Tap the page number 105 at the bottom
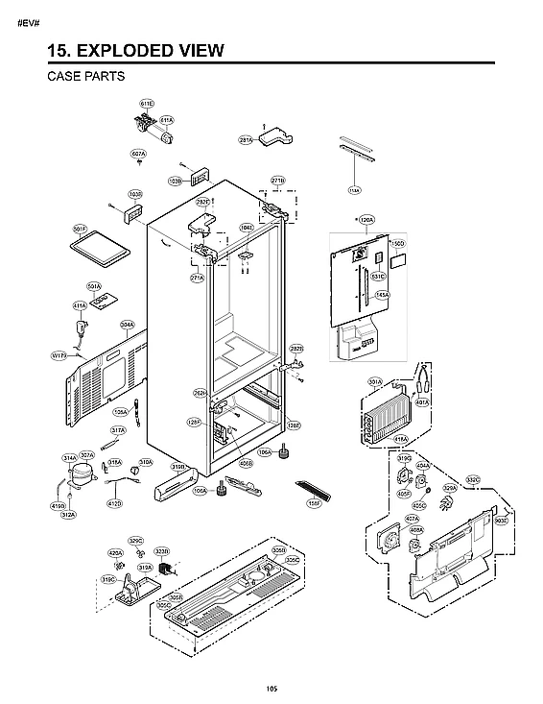272,686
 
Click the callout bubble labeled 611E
147,103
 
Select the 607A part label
138,154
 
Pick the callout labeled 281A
246,140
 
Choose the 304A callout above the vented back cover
127,325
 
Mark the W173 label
59,355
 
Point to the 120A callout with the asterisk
365,220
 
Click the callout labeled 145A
381,295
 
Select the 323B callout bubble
162,551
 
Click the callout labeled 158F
313,501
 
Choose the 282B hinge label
296,349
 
